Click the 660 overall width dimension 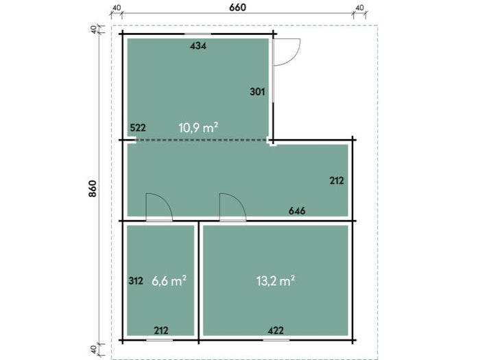tap(237, 7)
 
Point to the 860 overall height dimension tap(93, 189)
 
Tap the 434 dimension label tap(198, 46)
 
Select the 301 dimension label tap(257, 91)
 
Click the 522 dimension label tap(138, 128)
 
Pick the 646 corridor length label tap(297, 211)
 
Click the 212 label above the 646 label tap(337, 180)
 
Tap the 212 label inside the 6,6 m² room tap(161, 331)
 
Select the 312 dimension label tap(136, 280)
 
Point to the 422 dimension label tap(276, 331)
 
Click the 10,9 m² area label tap(198, 128)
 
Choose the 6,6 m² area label tap(169, 280)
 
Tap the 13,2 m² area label tap(276, 280)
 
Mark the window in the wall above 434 tap(197, 34)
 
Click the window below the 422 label tap(276, 340)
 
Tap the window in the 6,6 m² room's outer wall tap(159, 340)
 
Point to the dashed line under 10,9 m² tap(202, 140)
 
